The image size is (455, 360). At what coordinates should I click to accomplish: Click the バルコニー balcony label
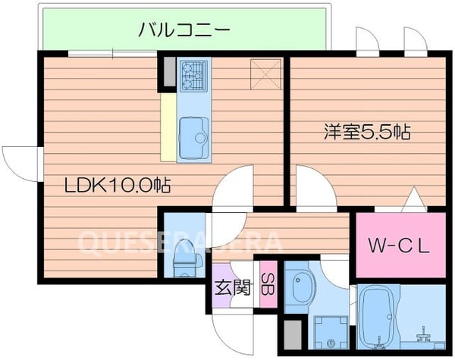(x=184, y=30)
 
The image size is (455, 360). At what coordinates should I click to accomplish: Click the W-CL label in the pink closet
(x=399, y=246)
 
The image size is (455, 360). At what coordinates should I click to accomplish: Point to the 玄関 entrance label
(x=229, y=287)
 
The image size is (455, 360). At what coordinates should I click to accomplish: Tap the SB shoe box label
(x=267, y=286)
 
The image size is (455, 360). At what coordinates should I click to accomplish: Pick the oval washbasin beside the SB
(x=300, y=286)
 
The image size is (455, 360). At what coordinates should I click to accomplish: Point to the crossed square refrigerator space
(x=266, y=74)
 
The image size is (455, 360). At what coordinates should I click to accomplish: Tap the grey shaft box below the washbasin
(x=294, y=333)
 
